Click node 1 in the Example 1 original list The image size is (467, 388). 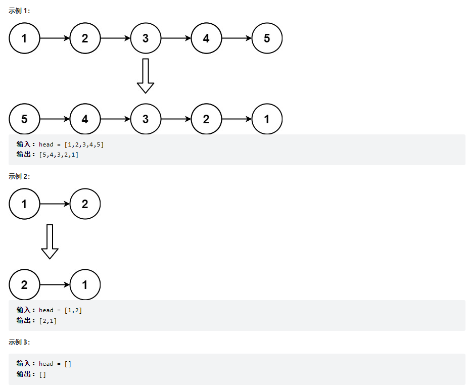tap(24, 38)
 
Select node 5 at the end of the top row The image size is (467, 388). tap(267, 38)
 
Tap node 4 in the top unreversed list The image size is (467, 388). tap(206, 38)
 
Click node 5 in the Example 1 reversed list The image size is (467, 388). tap(24, 119)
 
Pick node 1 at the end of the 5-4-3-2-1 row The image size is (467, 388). tap(267, 119)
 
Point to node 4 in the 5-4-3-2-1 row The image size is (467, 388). tap(85, 119)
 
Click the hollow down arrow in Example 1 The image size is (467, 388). tap(146, 76)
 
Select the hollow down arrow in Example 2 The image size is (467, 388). tap(50, 241)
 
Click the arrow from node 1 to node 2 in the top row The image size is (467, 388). tap(55, 38)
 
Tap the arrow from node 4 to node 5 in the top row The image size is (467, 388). tap(237, 38)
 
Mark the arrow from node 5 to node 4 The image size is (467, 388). tap(55, 119)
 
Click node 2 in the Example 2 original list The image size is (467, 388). tap(85, 204)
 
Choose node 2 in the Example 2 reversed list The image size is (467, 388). tap(24, 285)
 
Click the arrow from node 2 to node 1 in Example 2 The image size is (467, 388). tap(55, 285)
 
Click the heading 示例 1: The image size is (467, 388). tap(19, 11)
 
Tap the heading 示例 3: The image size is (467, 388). tap(19, 342)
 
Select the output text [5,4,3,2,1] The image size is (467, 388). tap(59, 155)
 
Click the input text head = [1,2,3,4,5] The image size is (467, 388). tap(71, 144)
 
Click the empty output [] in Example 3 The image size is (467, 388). tap(42, 374)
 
